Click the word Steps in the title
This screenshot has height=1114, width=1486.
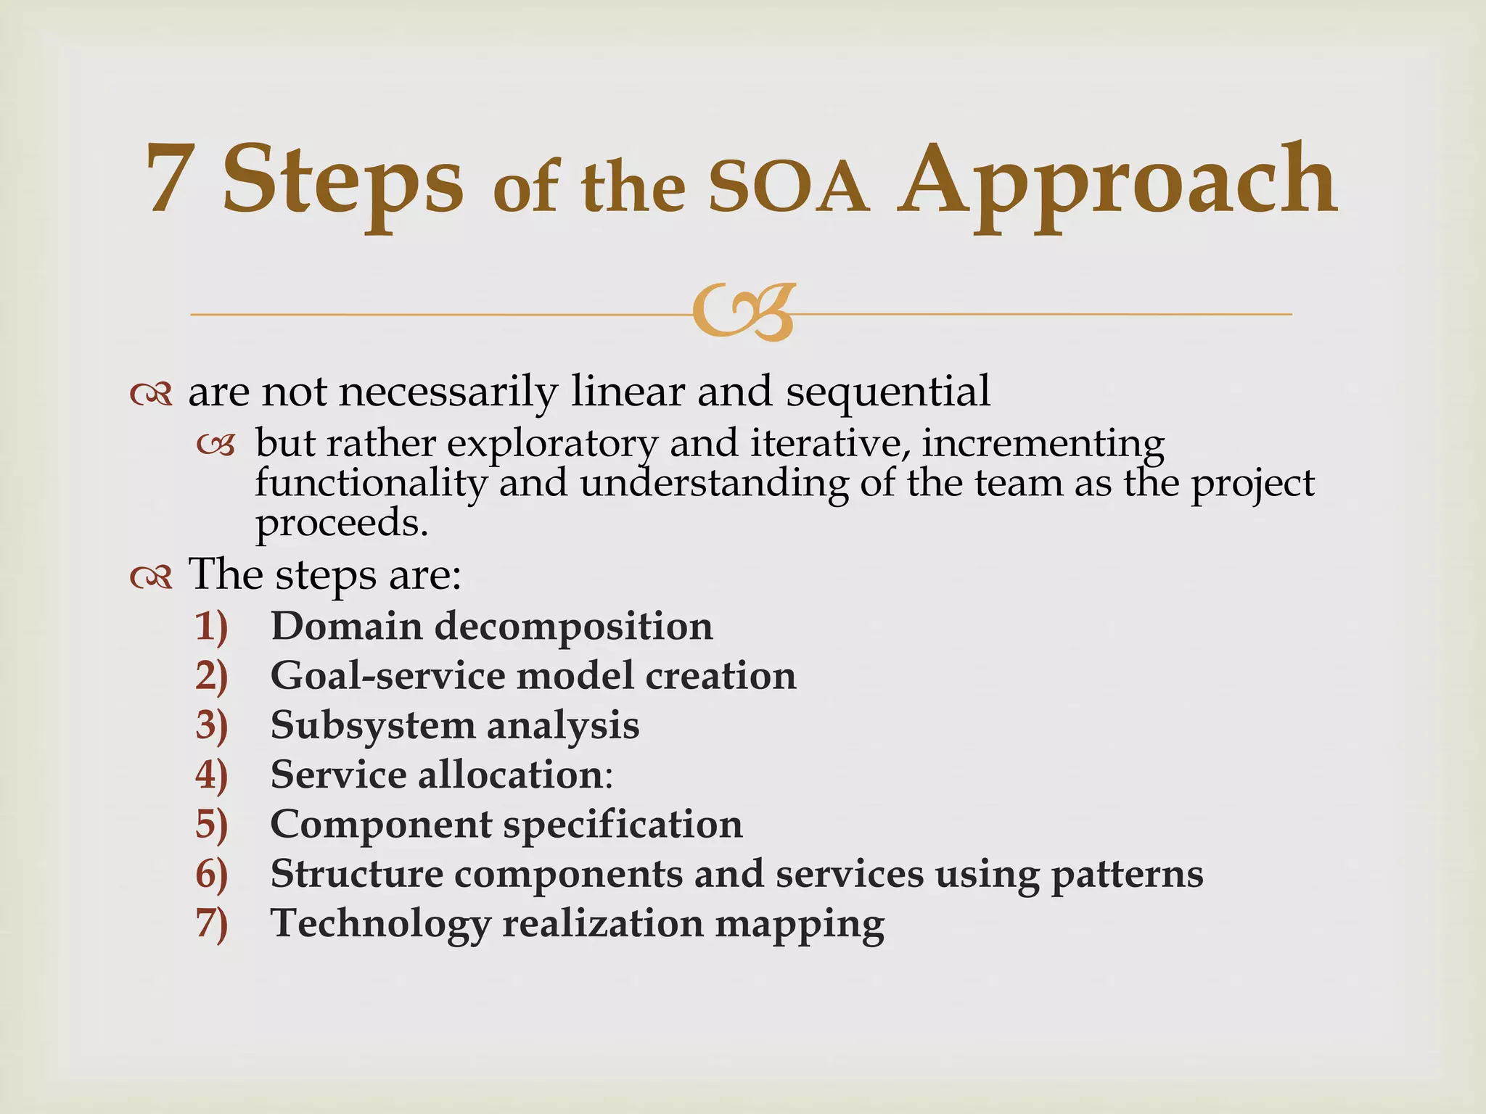click(342, 181)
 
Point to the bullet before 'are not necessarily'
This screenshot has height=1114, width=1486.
click(151, 395)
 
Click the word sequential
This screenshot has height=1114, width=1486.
click(887, 392)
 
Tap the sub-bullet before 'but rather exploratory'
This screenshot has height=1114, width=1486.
click(216, 445)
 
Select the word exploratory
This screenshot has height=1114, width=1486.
click(551, 444)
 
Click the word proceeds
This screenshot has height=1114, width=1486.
click(341, 522)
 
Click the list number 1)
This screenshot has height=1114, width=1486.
click(211, 627)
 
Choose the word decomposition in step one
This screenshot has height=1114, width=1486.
click(573, 627)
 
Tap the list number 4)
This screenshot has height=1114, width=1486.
click(211, 775)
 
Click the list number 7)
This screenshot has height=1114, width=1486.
click(211, 924)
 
